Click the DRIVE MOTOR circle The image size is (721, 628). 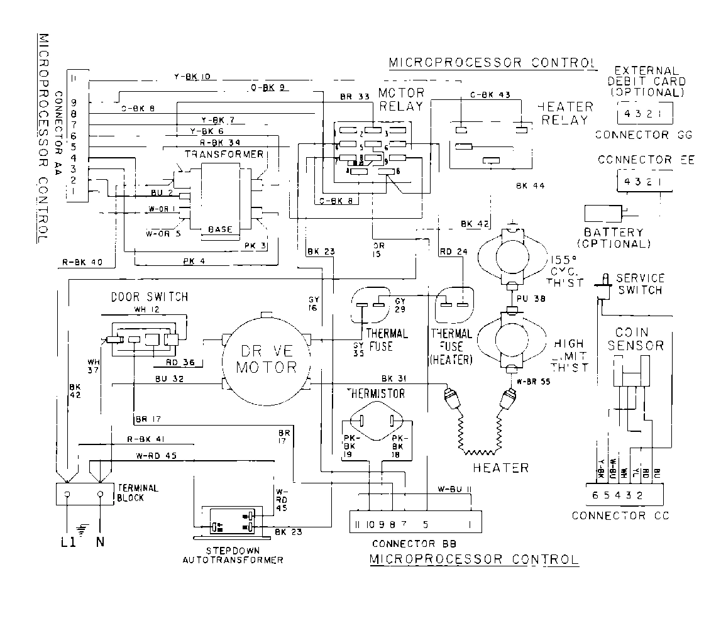tap(266, 359)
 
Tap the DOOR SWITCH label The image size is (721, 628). tap(150, 297)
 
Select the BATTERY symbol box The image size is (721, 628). tap(603, 214)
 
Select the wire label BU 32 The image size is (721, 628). tap(170, 378)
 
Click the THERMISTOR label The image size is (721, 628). tap(376, 394)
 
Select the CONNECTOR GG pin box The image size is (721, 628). tap(639, 115)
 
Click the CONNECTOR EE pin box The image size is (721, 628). tap(639, 181)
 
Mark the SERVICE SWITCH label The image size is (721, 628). tap(639, 284)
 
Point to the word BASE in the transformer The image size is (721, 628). tap(220, 229)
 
